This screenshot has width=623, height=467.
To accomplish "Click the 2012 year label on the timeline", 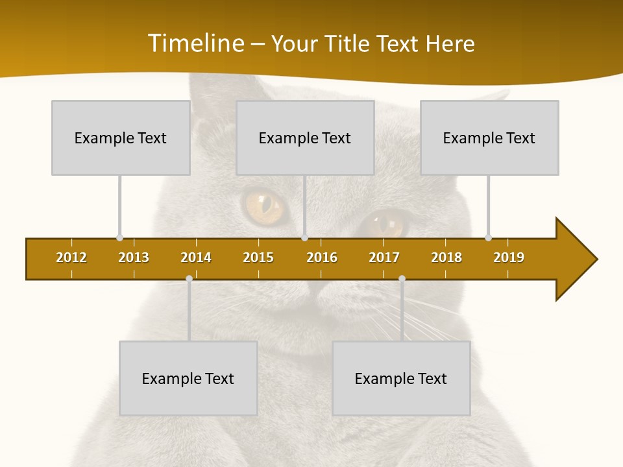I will (71, 257).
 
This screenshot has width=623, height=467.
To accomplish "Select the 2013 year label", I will (134, 257).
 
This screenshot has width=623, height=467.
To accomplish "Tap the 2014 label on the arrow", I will (196, 257).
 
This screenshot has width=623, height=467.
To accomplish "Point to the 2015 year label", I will (258, 257).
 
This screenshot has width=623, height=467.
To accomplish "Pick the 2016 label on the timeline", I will (322, 257).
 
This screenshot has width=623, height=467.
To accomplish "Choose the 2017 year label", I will (384, 257).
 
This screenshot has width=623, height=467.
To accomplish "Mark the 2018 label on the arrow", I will (446, 257).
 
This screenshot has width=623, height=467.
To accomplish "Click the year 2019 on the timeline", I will (509, 257).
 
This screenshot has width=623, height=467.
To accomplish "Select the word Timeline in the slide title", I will (197, 43).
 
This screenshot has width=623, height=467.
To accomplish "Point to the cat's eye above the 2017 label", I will (385, 224).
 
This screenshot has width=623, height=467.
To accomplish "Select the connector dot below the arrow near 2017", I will (402, 278).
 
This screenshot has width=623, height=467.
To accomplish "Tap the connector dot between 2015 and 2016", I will (304, 237).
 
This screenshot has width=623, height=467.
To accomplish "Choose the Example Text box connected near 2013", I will (121, 138).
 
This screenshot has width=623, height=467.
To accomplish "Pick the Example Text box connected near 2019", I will (489, 138).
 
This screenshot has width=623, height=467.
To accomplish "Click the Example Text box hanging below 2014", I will (188, 378).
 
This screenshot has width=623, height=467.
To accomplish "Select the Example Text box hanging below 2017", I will (401, 378).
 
